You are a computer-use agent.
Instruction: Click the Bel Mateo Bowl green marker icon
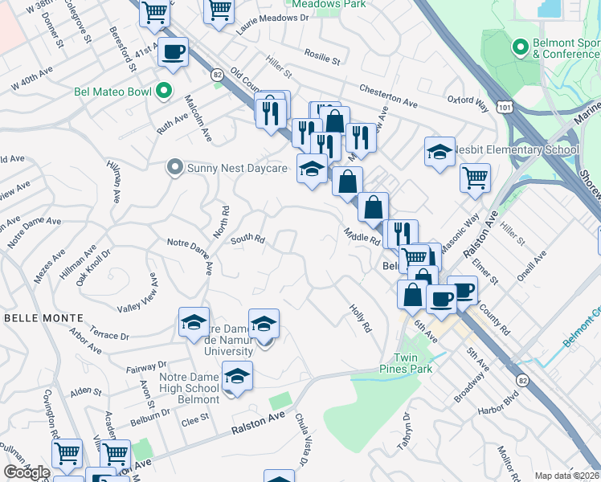pos(165,91)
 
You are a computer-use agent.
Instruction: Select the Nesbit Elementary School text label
pos(517,149)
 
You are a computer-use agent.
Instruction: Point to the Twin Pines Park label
pos(414,363)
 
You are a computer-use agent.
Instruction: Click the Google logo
pos(27,472)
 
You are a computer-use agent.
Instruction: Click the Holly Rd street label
pos(361,318)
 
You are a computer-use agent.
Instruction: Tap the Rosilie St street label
pos(322,58)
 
